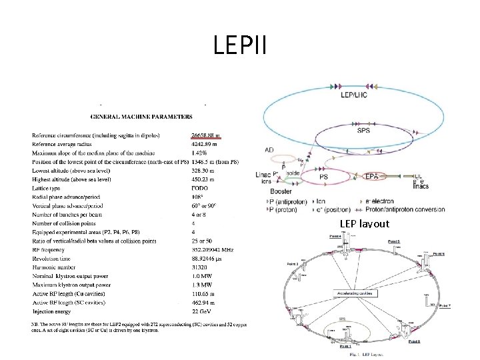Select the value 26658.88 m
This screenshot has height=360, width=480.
click(206, 135)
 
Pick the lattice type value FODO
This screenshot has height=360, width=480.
click(200, 188)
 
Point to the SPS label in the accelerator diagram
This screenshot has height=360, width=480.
click(363, 131)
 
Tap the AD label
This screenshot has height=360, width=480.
click(269, 149)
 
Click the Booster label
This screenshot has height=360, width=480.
click(281, 191)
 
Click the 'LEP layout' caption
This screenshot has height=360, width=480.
click(364, 224)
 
